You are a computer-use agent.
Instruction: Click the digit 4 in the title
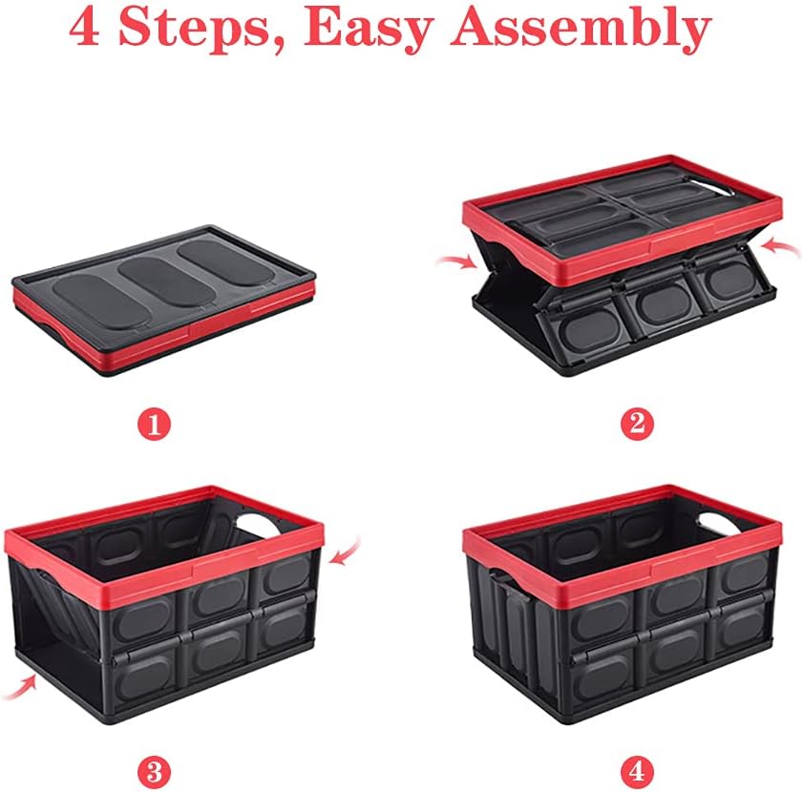87,29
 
